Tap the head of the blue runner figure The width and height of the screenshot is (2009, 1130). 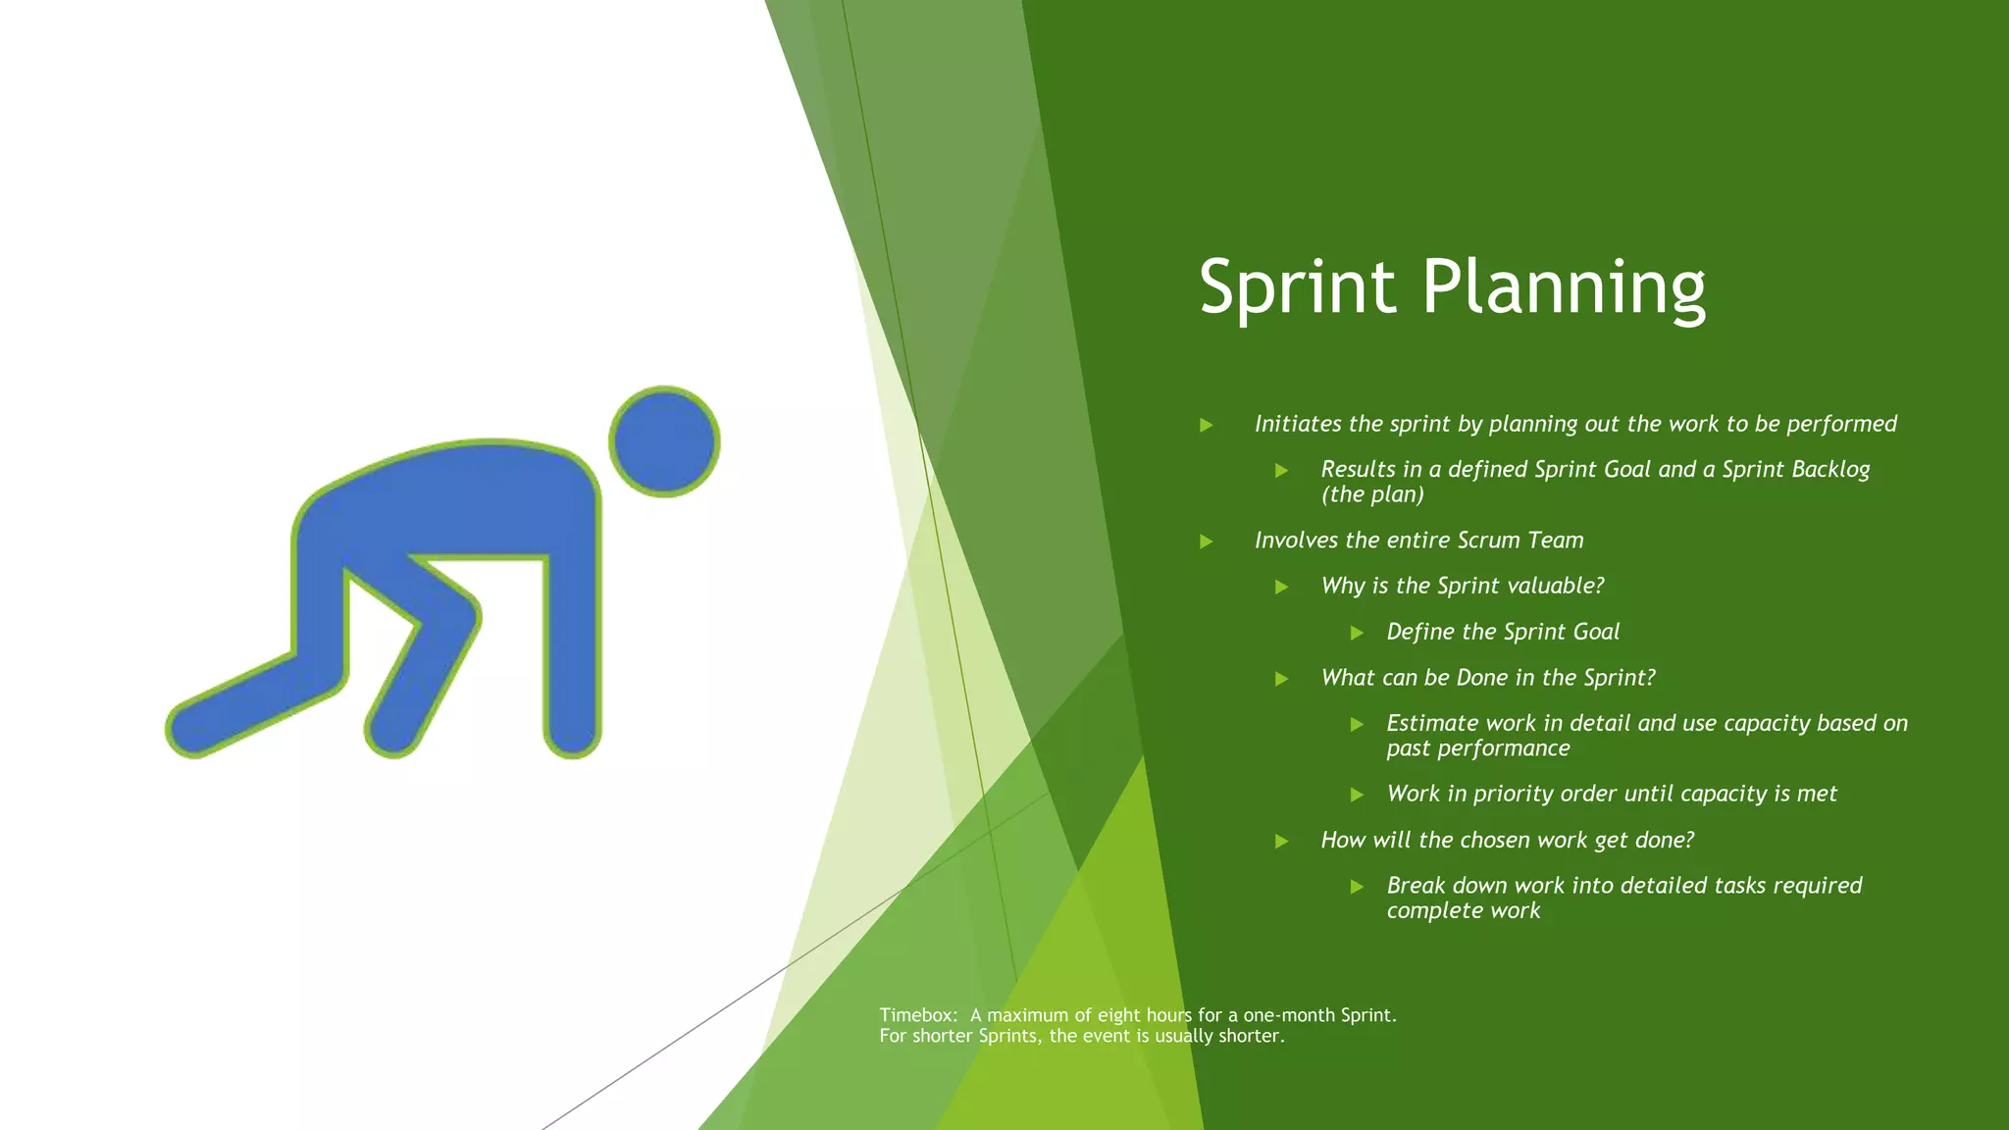[x=664, y=441]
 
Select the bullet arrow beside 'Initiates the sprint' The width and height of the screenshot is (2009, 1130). [x=1207, y=425]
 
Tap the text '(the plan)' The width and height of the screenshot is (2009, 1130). [x=1372, y=494]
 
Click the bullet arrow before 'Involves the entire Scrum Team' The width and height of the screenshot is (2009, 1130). [x=1207, y=541]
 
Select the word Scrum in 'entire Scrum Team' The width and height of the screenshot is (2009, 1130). [x=1488, y=540]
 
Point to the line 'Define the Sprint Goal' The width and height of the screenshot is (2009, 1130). [x=1503, y=632]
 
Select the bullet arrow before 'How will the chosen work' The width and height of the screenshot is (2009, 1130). [x=1281, y=841]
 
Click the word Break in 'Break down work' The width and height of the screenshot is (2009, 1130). [x=1416, y=886]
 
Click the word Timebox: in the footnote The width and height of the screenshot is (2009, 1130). [x=917, y=1015]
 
